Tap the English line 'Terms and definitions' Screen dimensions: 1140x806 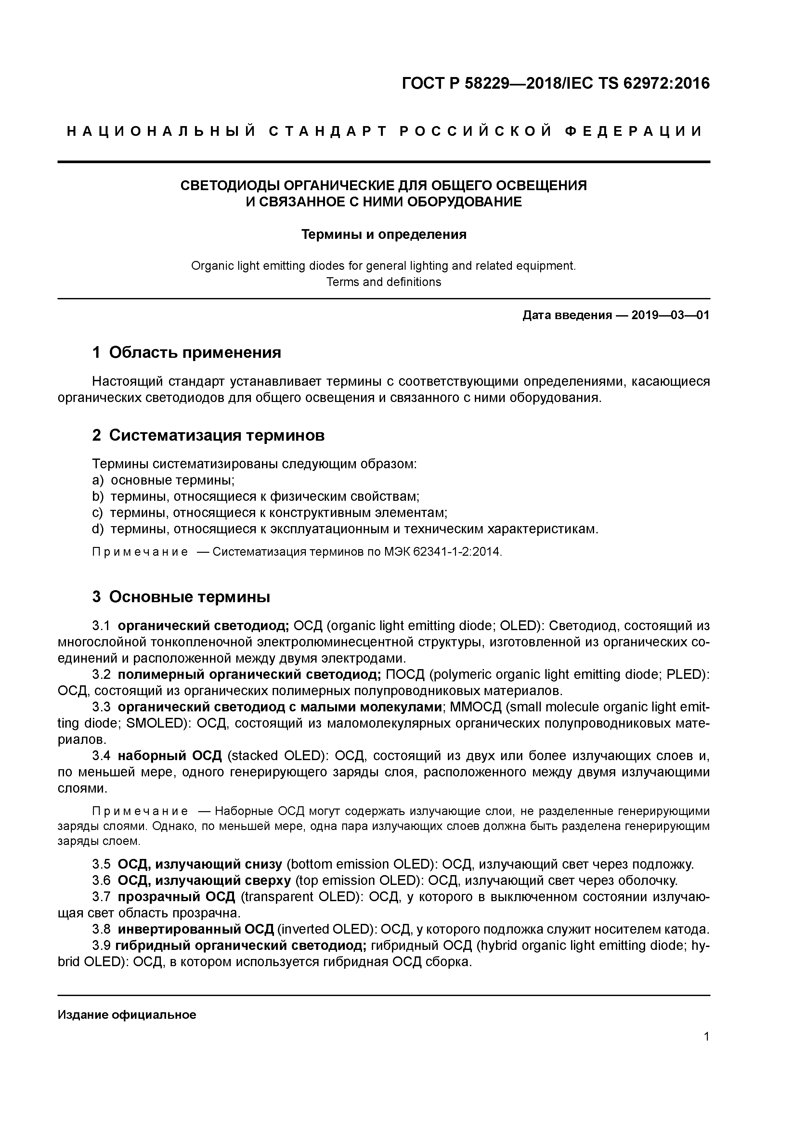point(383,282)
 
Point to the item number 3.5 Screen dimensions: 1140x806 point(101,864)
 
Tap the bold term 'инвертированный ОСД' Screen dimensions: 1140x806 point(196,929)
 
